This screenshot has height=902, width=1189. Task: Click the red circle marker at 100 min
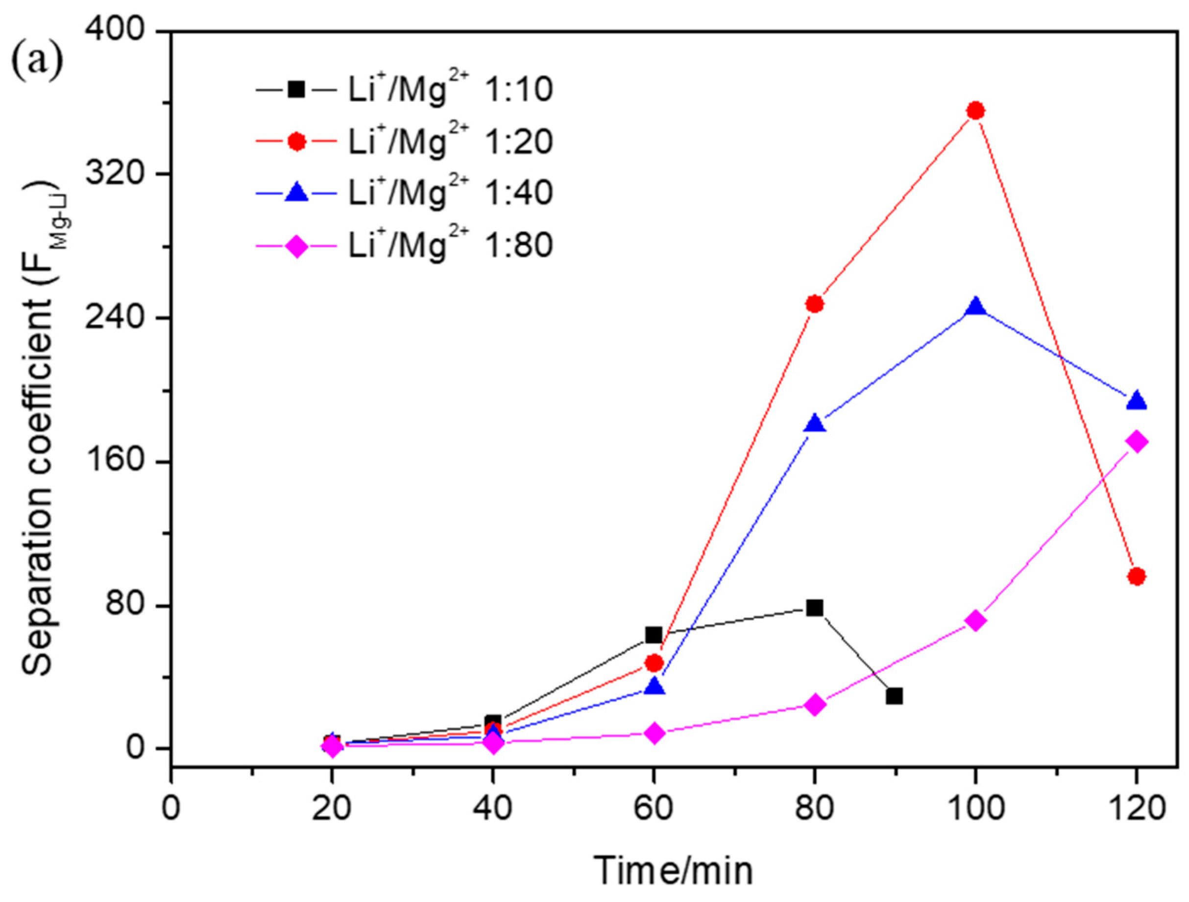click(x=975, y=111)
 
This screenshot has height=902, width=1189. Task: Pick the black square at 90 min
click(x=894, y=696)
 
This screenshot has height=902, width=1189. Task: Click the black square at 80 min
click(x=815, y=608)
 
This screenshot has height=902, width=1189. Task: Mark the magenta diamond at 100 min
click(x=975, y=621)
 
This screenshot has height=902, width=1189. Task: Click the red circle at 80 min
click(x=815, y=304)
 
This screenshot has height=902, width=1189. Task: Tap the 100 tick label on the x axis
click(x=975, y=807)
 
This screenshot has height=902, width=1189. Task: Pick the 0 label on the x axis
click(x=171, y=807)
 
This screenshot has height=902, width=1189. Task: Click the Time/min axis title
click(x=673, y=871)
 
